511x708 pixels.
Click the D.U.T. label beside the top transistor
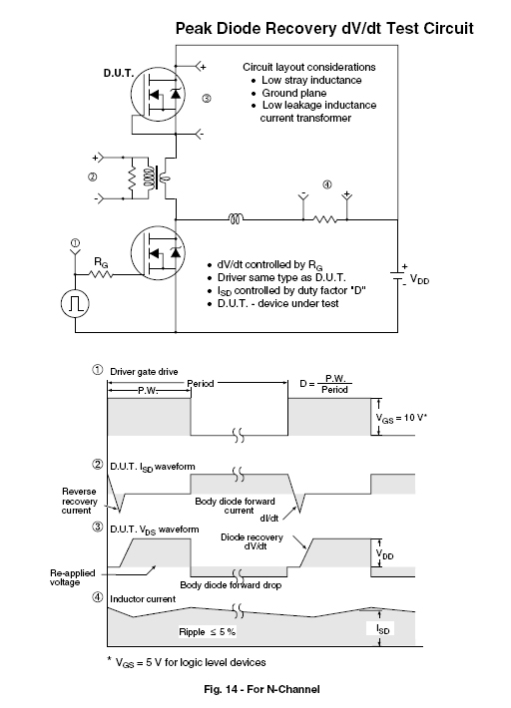click(119, 73)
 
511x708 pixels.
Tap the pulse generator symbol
click(75, 304)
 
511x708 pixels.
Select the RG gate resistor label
click(101, 262)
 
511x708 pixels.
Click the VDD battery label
click(419, 279)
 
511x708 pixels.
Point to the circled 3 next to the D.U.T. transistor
click(206, 98)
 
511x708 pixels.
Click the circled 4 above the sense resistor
click(327, 184)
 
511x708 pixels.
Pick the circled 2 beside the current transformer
click(92, 177)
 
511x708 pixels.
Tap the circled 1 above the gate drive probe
click(75, 242)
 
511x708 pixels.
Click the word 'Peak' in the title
click(194, 29)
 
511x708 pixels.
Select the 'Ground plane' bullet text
click(294, 93)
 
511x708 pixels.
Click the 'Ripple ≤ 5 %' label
click(207, 632)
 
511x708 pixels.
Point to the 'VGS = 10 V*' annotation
click(401, 418)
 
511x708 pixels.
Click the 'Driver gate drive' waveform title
click(144, 372)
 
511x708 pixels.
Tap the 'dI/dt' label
click(269, 518)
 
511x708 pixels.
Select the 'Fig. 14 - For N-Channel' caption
click(262, 689)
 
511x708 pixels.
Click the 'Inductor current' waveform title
click(143, 599)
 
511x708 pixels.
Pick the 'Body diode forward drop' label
click(231, 585)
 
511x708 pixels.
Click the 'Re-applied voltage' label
click(72, 577)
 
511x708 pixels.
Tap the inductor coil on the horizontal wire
click(236, 219)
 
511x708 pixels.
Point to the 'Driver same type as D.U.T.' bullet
click(281, 277)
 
